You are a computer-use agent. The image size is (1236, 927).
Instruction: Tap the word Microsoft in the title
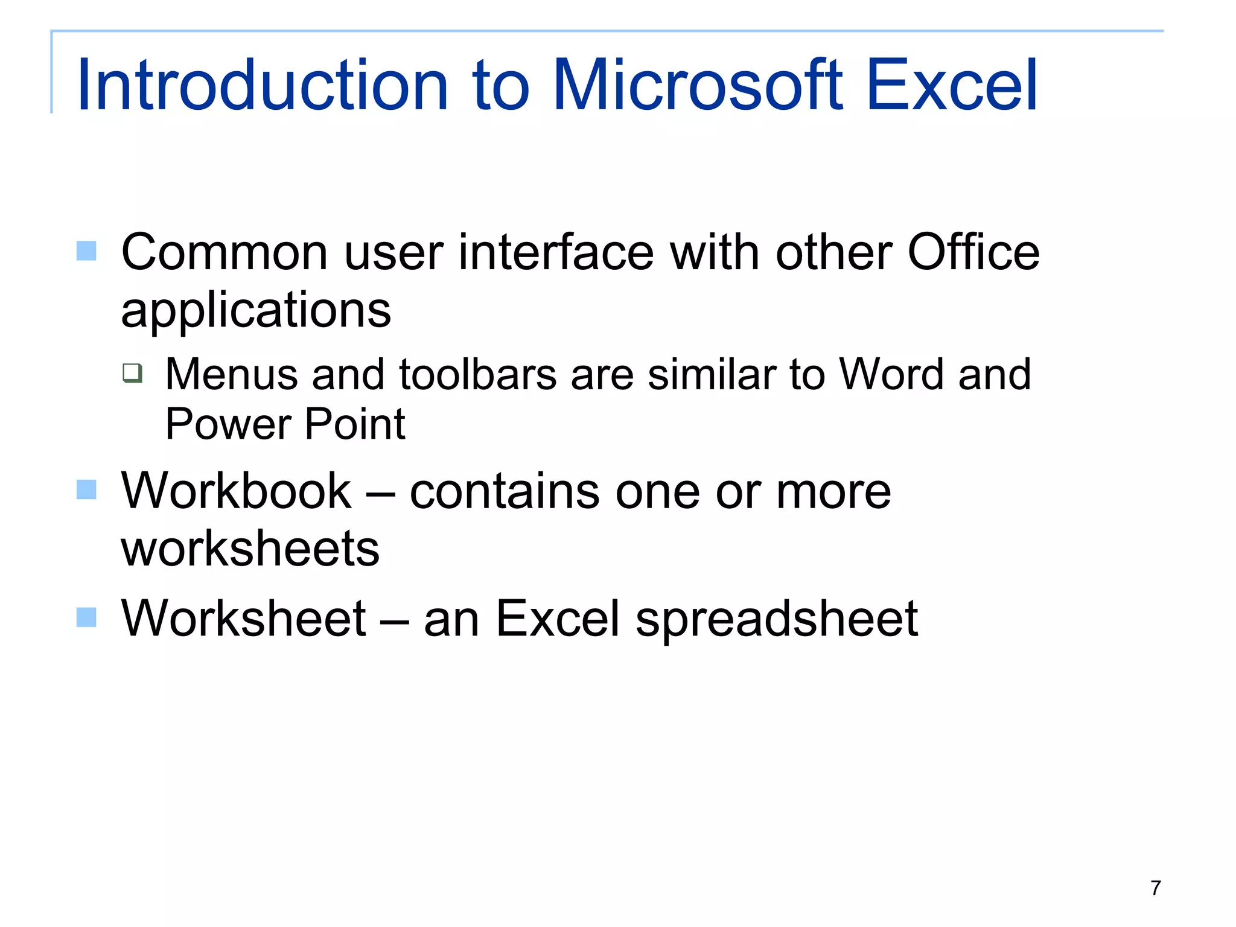pyautogui.click(x=698, y=85)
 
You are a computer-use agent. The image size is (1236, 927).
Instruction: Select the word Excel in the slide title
pyautogui.click(x=952, y=85)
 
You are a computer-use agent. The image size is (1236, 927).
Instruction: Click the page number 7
pyautogui.click(x=1155, y=888)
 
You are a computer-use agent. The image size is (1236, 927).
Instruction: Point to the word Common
pyautogui.click(x=225, y=252)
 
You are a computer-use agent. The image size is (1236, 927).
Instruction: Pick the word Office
pyautogui.click(x=973, y=252)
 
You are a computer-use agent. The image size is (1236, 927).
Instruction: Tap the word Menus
pyautogui.click(x=232, y=375)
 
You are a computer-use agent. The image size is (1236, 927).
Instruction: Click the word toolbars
pyautogui.click(x=477, y=375)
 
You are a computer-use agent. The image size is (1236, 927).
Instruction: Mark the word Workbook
pyautogui.click(x=236, y=491)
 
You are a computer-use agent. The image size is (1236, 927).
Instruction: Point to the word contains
pyautogui.click(x=505, y=491)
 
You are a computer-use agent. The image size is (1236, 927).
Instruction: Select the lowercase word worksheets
pyautogui.click(x=250, y=549)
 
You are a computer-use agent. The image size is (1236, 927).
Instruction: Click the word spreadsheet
pyautogui.click(x=776, y=619)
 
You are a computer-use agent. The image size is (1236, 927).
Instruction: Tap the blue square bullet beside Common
pyautogui.click(x=86, y=250)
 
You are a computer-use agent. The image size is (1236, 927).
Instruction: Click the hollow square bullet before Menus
pyautogui.click(x=132, y=373)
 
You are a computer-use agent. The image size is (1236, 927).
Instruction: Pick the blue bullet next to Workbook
pyautogui.click(x=86, y=489)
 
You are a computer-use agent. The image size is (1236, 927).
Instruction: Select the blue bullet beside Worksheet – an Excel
pyautogui.click(x=86, y=617)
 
